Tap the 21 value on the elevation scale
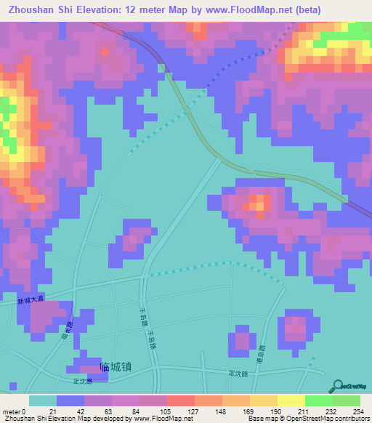(53, 411)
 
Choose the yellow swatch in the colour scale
(291, 400)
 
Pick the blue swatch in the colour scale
(70, 400)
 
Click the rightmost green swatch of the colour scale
(347, 400)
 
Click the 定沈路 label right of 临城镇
(238, 374)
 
